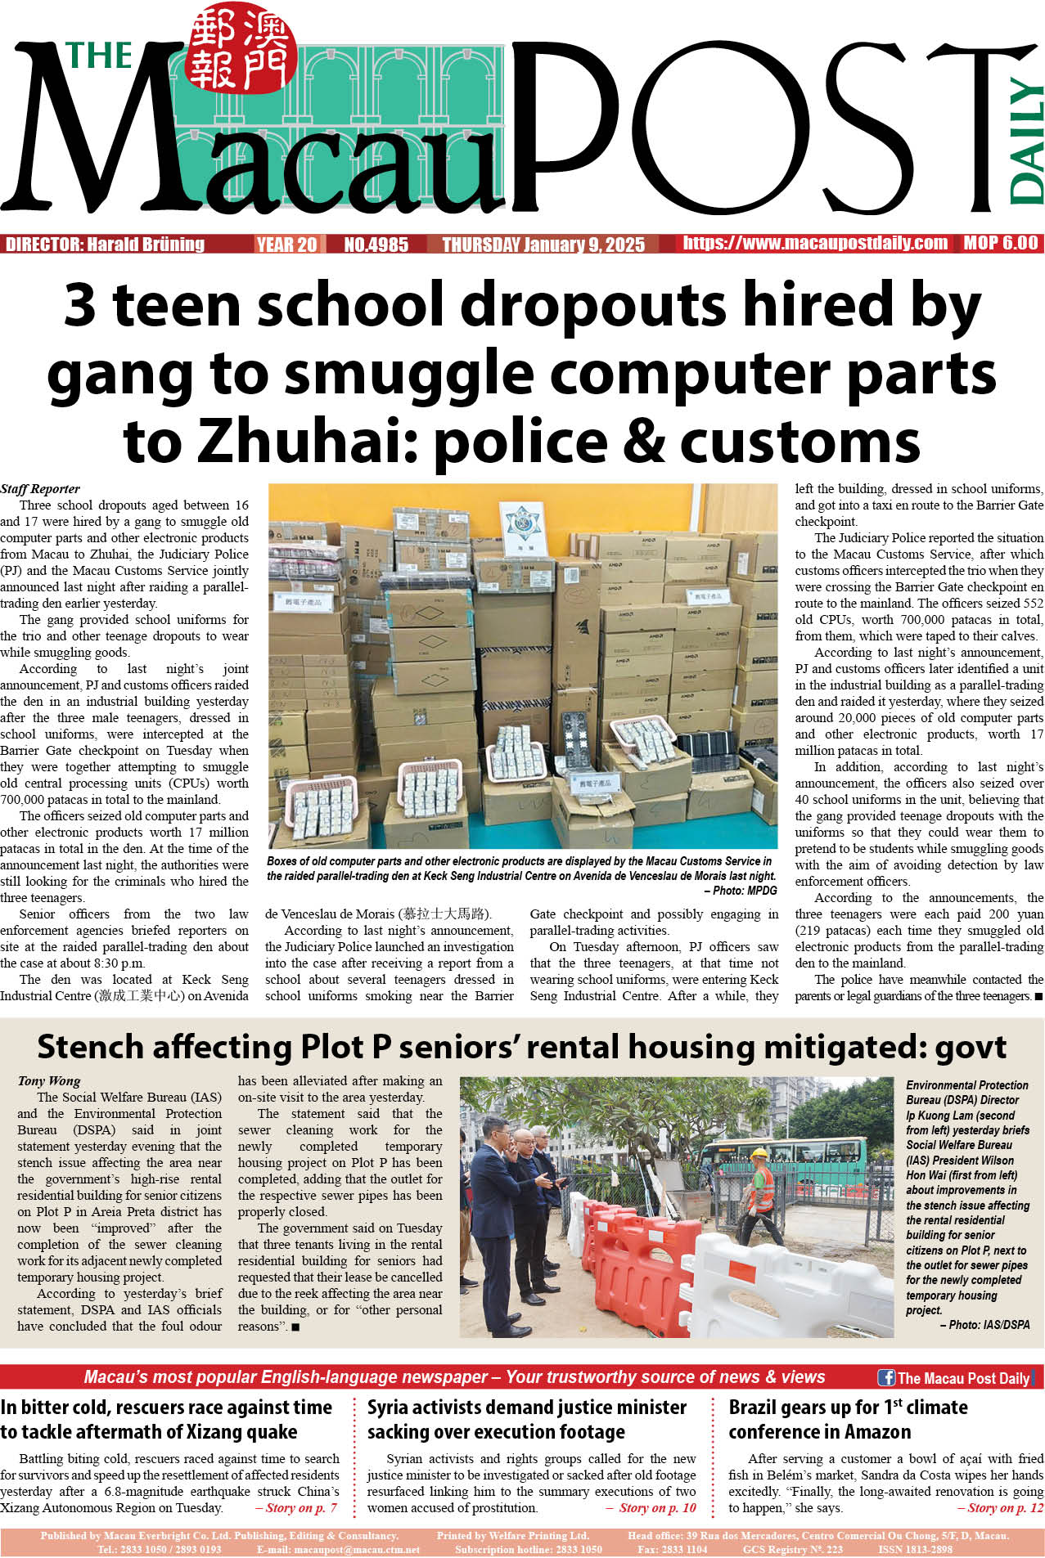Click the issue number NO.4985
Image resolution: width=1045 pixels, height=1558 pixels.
tap(376, 245)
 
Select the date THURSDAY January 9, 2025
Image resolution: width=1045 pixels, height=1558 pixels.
tap(543, 245)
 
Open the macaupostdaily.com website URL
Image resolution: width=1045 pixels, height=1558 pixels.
tap(815, 243)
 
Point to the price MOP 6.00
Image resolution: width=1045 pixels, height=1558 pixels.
tap(1000, 243)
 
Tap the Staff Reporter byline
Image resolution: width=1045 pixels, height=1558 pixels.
tap(40, 489)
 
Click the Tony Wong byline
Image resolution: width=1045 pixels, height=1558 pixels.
tap(49, 1081)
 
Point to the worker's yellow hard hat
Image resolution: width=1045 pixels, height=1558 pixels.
tap(760, 1153)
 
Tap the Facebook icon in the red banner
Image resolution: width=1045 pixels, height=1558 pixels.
tap(885, 1377)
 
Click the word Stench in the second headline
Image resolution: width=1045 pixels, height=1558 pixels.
tap(92, 1048)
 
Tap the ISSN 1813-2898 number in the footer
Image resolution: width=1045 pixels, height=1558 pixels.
tap(915, 1549)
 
